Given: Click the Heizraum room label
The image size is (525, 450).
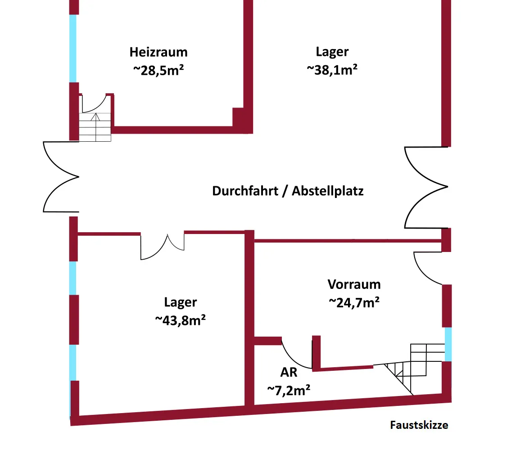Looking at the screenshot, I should tap(158, 52).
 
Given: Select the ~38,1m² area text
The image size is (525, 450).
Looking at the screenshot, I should tap(332, 69).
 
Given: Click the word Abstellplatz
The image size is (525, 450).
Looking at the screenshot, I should tap(328, 191).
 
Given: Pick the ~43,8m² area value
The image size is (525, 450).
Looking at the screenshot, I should tap(181, 320).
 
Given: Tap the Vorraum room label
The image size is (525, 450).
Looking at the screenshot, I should tap(354, 284).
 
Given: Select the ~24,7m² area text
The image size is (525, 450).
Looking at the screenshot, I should tap(354, 302).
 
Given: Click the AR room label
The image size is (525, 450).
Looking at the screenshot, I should tap(289, 372).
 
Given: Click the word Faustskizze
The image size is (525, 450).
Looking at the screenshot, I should tap(419, 425).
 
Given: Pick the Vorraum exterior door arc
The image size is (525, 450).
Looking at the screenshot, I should tap(425, 268).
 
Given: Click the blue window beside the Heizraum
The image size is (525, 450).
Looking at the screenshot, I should tap(72, 48).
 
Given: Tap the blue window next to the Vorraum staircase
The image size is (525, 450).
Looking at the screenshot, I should tap(448, 344).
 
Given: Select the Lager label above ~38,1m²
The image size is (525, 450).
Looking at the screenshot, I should tap(332, 52).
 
